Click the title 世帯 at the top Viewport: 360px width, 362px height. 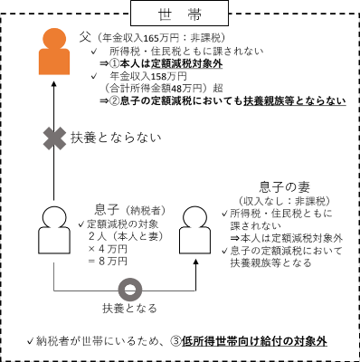pos(180,14)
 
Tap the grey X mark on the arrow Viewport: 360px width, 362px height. pos(53,138)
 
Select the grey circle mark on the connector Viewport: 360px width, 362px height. pos(130,291)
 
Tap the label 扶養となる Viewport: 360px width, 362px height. pos(129,310)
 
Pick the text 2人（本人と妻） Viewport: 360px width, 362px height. pos(127,235)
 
